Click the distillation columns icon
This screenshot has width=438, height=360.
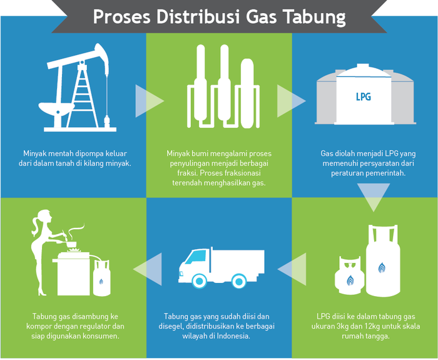[x=218, y=88]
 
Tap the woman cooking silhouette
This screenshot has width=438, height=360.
[x=42, y=244]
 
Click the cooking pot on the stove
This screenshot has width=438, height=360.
[x=74, y=241]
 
